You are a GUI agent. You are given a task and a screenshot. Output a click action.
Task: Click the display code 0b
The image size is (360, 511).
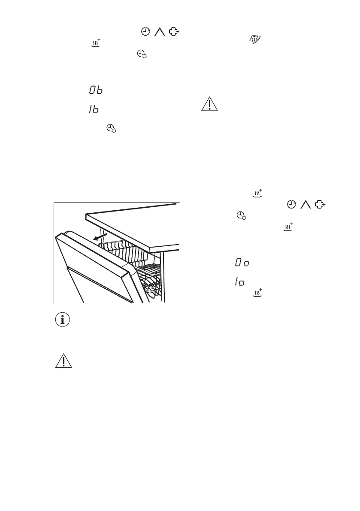pos(96,91)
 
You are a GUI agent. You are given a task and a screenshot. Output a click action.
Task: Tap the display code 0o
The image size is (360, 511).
pos(242,262)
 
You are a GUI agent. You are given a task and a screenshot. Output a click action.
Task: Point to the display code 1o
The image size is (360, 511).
pos(239,281)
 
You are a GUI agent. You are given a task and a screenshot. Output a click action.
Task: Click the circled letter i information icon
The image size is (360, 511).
pos(64,320)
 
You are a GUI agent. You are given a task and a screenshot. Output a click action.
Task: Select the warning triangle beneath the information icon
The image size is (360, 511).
pos(64,361)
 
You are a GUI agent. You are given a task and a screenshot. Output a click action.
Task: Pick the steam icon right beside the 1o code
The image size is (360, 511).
pos(257,293)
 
